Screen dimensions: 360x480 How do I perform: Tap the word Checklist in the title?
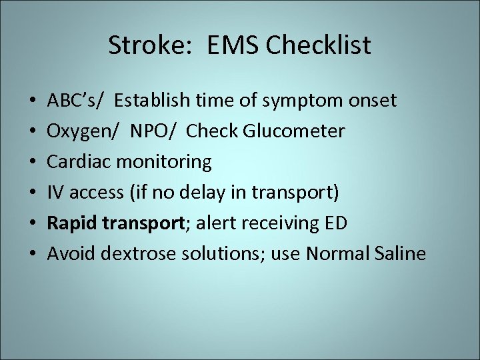point(318,46)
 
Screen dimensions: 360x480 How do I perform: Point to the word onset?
point(373,101)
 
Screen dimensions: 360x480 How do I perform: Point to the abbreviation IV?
point(55,193)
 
